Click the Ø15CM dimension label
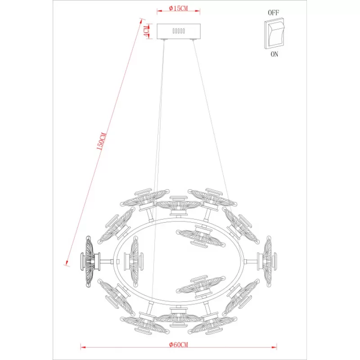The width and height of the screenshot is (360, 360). (178, 9)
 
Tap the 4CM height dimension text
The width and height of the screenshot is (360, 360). (146, 31)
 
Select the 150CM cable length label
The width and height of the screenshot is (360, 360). (101, 141)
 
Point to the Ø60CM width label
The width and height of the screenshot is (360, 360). (178, 345)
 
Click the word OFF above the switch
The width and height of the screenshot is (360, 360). (273, 13)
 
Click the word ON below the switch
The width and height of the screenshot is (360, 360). (274, 54)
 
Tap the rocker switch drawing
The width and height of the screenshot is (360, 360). (274, 33)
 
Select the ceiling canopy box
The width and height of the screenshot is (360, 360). (179, 31)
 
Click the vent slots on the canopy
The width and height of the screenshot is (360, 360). (179, 31)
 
